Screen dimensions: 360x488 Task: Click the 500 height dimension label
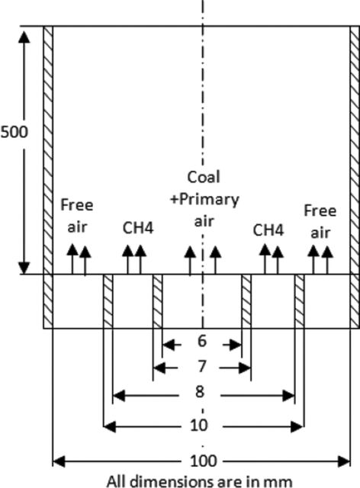(14, 132)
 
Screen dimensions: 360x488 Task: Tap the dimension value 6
(202, 341)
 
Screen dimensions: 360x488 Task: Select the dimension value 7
(202, 366)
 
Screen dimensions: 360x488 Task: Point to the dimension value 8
(200, 391)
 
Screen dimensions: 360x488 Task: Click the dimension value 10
(198, 425)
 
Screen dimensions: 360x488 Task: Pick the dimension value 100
(203, 461)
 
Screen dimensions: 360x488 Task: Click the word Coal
(204, 177)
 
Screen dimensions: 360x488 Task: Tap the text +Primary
(204, 200)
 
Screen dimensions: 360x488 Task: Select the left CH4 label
(138, 228)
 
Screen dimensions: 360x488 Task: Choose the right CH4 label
(268, 230)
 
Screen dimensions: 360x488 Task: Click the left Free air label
(76, 216)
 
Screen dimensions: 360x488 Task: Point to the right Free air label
(320, 222)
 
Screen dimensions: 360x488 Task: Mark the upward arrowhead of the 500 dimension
(24, 37)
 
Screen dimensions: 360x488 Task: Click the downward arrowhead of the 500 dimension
(24, 268)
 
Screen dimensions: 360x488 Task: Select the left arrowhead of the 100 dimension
(59, 461)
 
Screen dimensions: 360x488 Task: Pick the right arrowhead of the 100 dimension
(344, 461)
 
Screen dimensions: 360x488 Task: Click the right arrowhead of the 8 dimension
(288, 396)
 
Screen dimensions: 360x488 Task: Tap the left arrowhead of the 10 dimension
(109, 426)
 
